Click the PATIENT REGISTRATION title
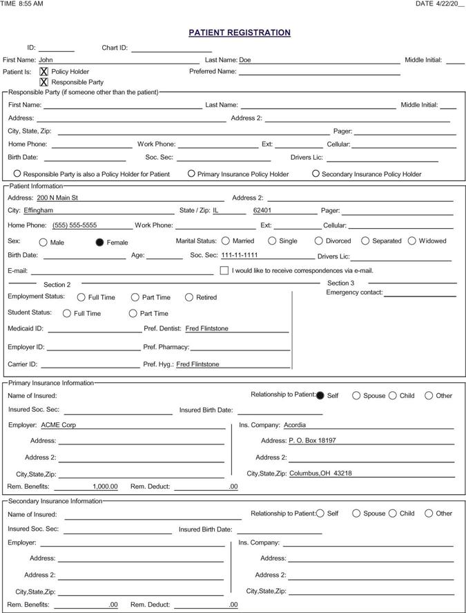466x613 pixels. pyautogui.click(x=240, y=32)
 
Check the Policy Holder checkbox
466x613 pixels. pyautogui.click(x=44, y=71)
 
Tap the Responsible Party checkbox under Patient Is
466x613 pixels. pyautogui.click(x=44, y=82)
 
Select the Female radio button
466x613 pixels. pyautogui.click(x=99, y=242)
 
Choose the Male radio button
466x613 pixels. pyautogui.click(x=43, y=242)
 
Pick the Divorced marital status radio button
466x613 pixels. pyautogui.click(x=318, y=241)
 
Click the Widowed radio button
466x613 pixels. pyautogui.click(x=412, y=241)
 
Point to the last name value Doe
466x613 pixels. pyautogui.click(x=245, y=60)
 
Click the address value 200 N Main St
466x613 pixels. pyautogui.click(x=57, y=198)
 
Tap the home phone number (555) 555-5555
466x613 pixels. pyautogui.click(x=75, y=225)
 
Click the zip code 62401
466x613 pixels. pyautogui.click(x=262, y=210)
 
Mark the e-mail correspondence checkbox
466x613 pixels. pyautogui.click(x=224, y=270)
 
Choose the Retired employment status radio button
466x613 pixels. pyautogui.click(x=189, y=297)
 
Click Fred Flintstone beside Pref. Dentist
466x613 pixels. pyautogui.click(x=207, y=328)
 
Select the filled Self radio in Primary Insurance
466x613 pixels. pyautogui.click(x=320, y=395)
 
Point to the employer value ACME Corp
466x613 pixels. pyautogui.click(x=59, y=425)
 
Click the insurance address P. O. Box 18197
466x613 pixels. pyautogui.click(x=313, y=440)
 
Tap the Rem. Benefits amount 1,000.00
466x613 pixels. pyautogui.click(x=105, y=487)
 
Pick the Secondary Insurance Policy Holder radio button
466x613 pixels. pyautogui.click(x=315, y=173)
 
